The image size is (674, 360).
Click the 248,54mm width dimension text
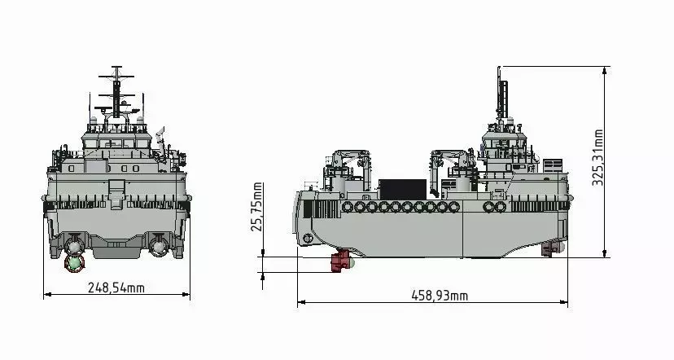116,288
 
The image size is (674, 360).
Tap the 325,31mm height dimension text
598,157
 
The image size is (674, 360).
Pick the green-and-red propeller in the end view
74,261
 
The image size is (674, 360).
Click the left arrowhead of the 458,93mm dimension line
300,303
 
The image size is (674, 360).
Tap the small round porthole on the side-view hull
308,238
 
